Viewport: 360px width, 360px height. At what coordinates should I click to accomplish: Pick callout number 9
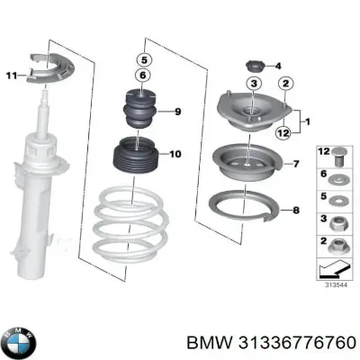pyautogui.click(x=178, y=112)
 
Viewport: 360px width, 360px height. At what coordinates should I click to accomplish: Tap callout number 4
pyautogui.click(x=277, y=65)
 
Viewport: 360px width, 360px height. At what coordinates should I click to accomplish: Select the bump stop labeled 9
pyautogui.click(x=141, y=113)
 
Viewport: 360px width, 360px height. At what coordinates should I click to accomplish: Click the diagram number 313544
pyautogui.click(x=333, y=287)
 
